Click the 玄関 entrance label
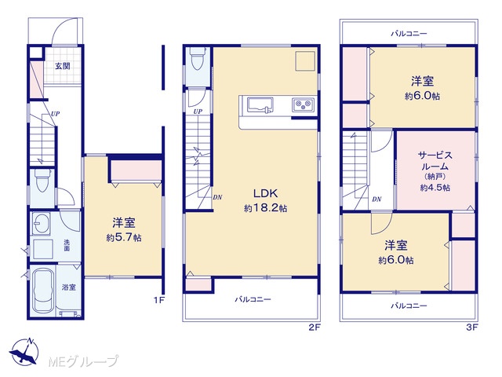pyautogui.click(x=63, y=66)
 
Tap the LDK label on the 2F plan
pyautogui.click(x=265, y=193)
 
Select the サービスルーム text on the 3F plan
pyautogui.click(x=435, y=161)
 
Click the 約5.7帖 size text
pyautogui.click(x=124, y=237)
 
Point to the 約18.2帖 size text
pyautogui.click(x=265, y=208)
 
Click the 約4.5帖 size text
pyautogui.click(x=435, y=188)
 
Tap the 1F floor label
pyautogui.click(x=159, y=300)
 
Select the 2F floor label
pyautogui.click(x=315, y=328)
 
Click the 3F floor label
pyautogui.click(x=472, y=328)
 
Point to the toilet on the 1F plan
pyautogui.click(x=43, y=181)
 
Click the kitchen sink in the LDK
pyautogui.click(x=260, y=105)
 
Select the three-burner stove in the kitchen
pyautogui.click(x=303, y=104)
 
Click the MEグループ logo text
pyautogui.click(x=83, y=362)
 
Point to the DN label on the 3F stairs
pyautogui.click(x=376, y=199)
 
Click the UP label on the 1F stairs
pyautogui.click(x=56, y=113)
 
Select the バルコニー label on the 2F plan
pyautogui.click(x=253, y=299)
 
